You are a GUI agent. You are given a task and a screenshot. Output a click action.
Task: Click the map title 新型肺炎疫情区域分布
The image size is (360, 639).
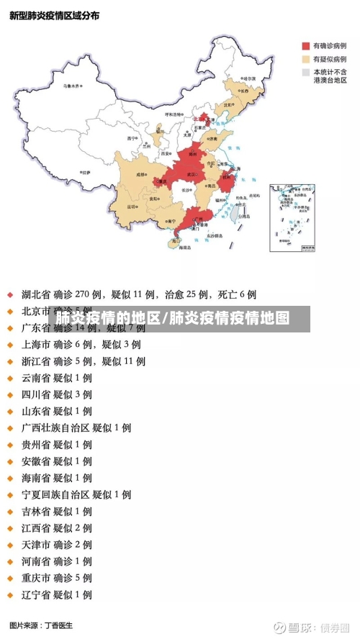(x=55, y=16)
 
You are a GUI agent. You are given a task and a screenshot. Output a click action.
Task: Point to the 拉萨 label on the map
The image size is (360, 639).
(x=86, y=173)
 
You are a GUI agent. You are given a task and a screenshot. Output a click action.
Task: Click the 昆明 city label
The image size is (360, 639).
(x=132, y=206)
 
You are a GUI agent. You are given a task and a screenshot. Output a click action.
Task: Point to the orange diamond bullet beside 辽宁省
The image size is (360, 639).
(x=10, y=595)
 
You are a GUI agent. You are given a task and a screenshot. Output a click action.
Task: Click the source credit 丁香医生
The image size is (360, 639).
(x=59, y=625)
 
